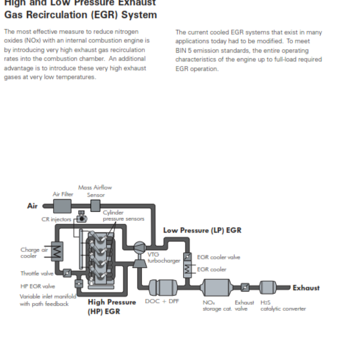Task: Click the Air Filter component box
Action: point(62,206)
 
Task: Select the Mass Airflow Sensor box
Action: point(95,206)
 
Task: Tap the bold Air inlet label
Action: point(33,206)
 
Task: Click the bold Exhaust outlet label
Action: point(306,288)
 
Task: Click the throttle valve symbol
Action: point(67,273)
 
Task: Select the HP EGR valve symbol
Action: point(78,284)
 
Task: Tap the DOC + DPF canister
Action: point(162,288)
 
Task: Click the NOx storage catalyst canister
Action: point(214,288)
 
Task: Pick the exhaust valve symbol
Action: point(245,287)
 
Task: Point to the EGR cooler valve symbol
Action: point(187,257)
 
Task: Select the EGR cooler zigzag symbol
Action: point(187,269)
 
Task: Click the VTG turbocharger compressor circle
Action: point(139,247)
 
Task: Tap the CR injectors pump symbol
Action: point(82,218)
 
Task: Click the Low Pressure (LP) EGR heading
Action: point(202,230)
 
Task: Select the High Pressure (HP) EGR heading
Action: point(112,306)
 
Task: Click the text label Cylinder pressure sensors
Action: point(123,216)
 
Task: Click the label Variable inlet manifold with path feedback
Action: point(48,300)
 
